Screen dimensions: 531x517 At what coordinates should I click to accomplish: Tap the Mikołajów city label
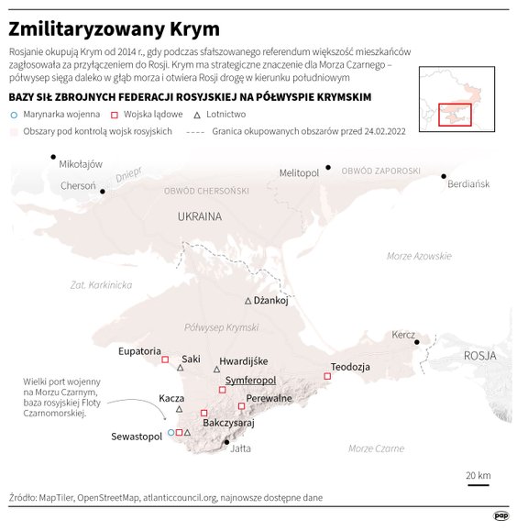[x=80, y=165]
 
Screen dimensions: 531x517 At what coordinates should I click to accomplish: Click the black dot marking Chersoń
[x=104, y=191]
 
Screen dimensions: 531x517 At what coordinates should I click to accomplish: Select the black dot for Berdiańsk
[x=445, y=176]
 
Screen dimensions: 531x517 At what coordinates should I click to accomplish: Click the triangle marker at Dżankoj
[x=247, y=301]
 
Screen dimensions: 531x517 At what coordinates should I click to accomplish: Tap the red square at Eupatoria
[x=165, y=360]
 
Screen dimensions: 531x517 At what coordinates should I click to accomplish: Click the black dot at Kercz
[x=417, y=342]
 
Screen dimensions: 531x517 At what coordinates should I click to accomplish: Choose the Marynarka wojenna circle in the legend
[x=13, y=116]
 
